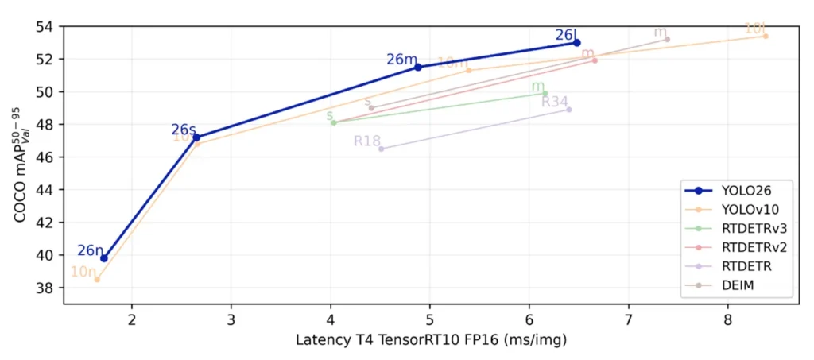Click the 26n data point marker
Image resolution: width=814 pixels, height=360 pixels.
pyautogui.click(x=104, y=258)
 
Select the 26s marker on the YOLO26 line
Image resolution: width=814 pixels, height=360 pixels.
pyautogui.click(x=196, y=137)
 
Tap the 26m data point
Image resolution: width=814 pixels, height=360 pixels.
pyautogui.click(x=419, y=67)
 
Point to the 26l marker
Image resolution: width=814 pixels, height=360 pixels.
pyautogui.click(x=577, y=42)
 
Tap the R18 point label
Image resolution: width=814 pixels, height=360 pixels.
pyautogui.click(x=367, y=141)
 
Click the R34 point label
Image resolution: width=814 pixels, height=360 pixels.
pyautogui.click(x=555, y=101)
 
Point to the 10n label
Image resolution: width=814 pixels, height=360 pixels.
pyautogui.click(x=83, y=271)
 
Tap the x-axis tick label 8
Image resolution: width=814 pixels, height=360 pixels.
pyautogui.click(x=728, y=320)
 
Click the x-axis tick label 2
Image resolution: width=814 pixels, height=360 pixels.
pyautogui.click(x=131, y=320)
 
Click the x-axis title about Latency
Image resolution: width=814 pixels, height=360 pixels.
pyautogui.click(x=429, y=340)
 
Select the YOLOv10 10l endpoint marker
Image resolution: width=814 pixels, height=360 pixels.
pyautogui.click(x=766, y=36)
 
